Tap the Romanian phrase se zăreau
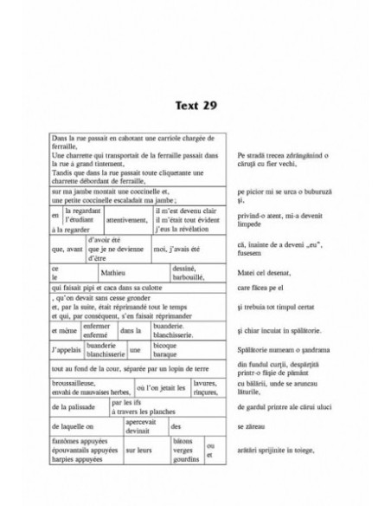click(250, 427)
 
